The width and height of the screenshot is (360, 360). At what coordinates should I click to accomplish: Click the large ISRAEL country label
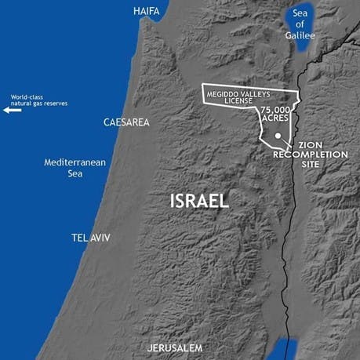coord(200,201)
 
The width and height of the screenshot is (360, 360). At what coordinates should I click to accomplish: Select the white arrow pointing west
coord(12,111)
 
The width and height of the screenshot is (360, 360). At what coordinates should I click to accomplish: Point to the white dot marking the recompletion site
coord(278,135)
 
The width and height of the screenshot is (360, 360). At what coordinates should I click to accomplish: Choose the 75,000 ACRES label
coord(277,114)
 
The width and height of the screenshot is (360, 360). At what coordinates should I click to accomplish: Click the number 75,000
coord(277,109)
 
